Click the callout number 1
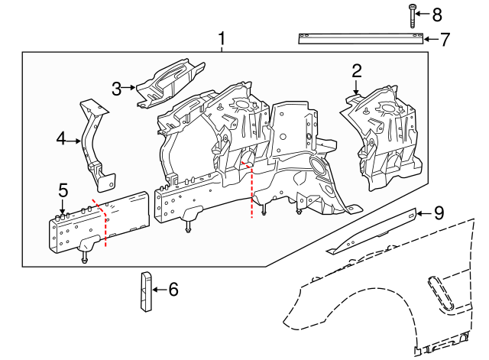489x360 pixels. (x=222, y=38)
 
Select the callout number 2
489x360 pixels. (x=356, y=72)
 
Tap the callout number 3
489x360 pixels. (x=117, y=89)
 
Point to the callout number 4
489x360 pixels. (x=62, y=139)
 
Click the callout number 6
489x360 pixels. (x=173, y=290)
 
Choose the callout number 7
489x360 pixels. (x=443, y=39)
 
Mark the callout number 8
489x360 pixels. (x=437, y=15)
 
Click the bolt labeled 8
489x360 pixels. (x=413, y=15)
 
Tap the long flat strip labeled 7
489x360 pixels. (x=359, y=39)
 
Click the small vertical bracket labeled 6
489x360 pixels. (x=144, y=291)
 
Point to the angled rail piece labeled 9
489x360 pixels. (x=371, y=231)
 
